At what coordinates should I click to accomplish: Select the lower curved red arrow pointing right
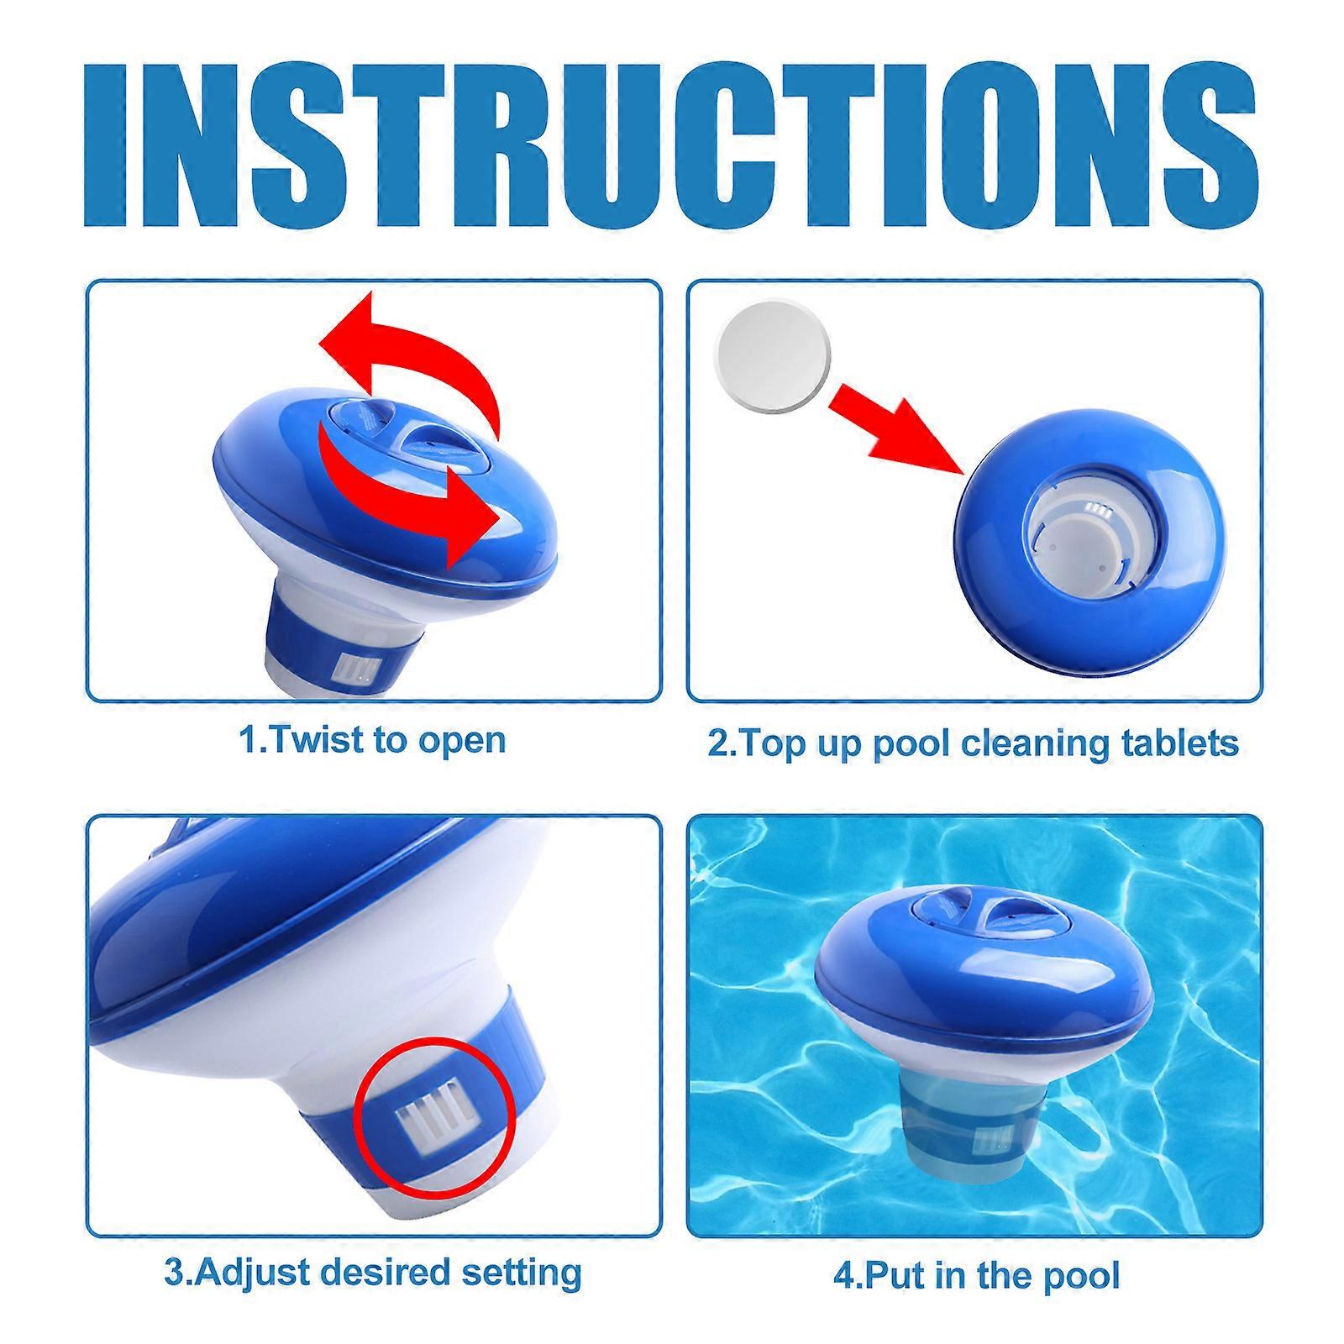pos(412,487)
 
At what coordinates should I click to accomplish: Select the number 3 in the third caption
pos(172,1273)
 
